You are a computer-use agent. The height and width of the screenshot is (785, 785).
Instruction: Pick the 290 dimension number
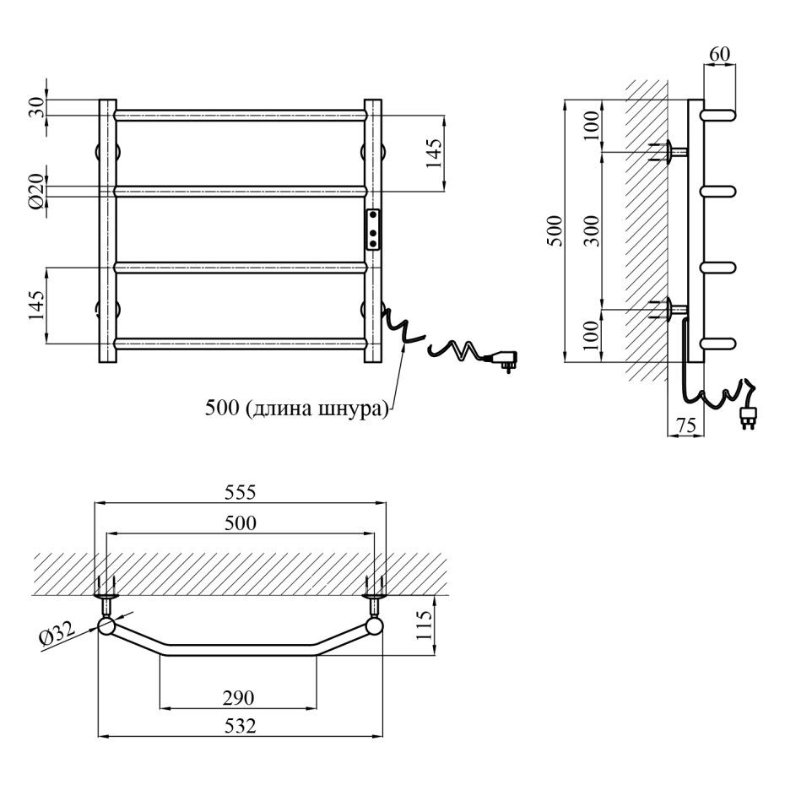pos(239,696)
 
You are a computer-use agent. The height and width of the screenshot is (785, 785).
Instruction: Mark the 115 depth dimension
pos(425,625)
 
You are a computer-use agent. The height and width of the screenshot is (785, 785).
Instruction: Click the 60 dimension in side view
pos(719,54)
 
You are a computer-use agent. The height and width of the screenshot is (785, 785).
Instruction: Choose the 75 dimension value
pos(686,426)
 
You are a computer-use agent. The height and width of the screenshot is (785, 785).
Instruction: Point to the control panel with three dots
pos(373,230)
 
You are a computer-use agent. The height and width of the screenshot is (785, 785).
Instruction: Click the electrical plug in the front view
pos(504,360)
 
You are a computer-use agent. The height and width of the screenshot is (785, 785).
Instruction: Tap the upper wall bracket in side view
pos(672,152)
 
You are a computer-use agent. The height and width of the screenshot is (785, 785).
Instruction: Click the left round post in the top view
pos(106,625)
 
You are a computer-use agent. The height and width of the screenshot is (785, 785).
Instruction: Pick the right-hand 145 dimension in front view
pos(432,154)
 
